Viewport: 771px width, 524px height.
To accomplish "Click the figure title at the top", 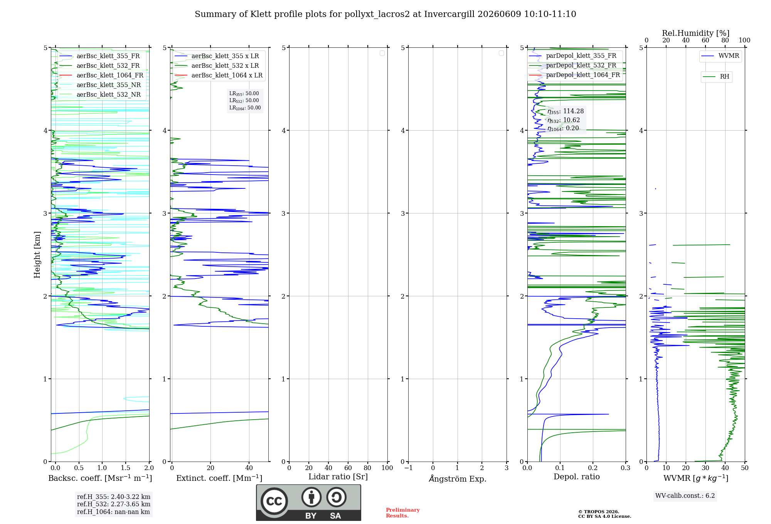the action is (x=385, y=14).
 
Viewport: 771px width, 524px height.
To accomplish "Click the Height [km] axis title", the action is (x=37, y=255).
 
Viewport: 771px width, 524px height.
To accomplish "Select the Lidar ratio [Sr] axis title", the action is (x=338, y=477).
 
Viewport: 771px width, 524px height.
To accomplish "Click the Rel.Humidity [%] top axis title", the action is (x=696, y=33).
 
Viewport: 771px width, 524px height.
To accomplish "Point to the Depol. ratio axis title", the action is (x=577, y=477).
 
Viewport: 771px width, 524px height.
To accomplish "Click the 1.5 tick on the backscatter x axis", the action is (x=126, y=468).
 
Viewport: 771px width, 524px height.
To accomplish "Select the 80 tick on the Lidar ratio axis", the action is (x=368, y=468).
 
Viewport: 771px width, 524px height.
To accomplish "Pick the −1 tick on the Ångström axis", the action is (x=408, y=468).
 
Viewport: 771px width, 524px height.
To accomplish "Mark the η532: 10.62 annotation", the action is (x=564, y=120).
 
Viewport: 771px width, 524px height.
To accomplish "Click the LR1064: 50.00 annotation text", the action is (x=245, y=108).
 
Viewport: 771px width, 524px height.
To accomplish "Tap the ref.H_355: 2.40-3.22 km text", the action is (x=114, y=497).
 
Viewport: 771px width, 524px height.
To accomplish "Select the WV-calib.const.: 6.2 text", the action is (x=685, y=495).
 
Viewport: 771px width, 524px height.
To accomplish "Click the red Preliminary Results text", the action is (x=403, y=513).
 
